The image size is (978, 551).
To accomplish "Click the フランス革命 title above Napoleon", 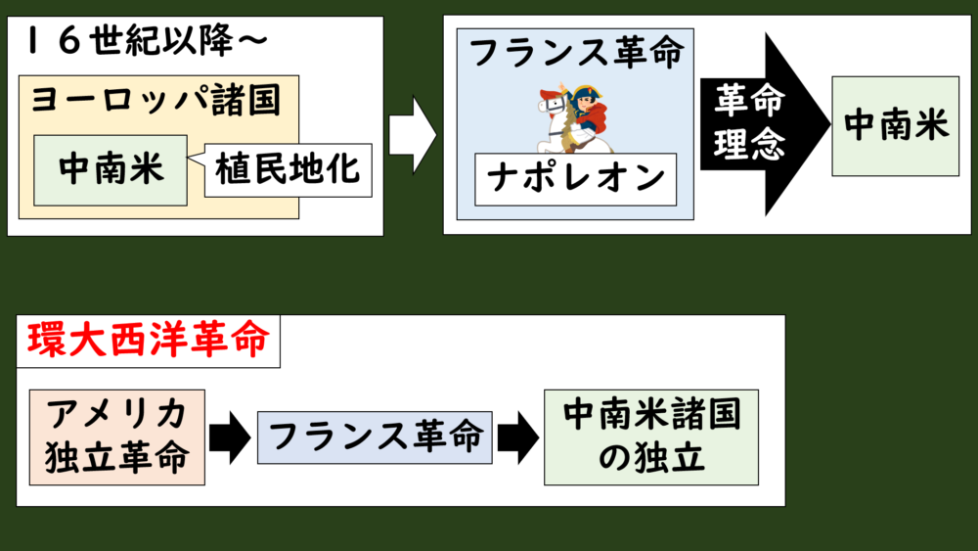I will click(575, 53).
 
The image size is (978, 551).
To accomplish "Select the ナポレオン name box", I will click(575, 178).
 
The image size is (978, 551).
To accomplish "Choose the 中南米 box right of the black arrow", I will click(895, 125).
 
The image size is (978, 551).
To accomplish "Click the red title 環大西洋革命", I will click(148, 342).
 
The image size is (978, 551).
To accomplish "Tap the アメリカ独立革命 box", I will click(117, 436).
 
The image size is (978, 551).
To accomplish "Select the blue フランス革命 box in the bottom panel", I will click(376, 436).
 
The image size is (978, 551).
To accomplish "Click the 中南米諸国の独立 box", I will click(650, 436).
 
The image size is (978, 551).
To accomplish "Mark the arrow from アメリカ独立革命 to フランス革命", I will click(230, 437).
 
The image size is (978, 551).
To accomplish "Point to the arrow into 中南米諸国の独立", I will click(516, 437).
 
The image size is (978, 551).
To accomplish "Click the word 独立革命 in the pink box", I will click(117, 458).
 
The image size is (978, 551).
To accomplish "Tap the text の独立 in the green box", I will click(650, 458).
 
